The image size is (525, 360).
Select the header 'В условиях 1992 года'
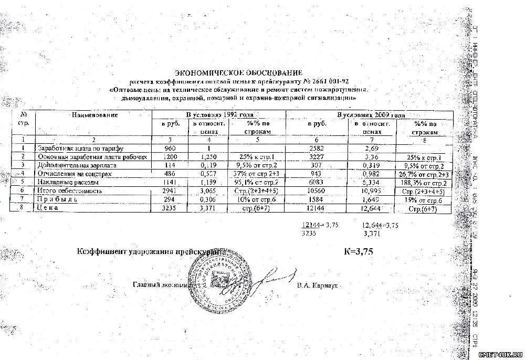(220, 114)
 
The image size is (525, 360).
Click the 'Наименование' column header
(95, 114)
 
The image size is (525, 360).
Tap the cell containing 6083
(317, 182)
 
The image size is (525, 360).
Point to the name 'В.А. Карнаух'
(316, 286)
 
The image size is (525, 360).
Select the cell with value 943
(316, 174)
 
